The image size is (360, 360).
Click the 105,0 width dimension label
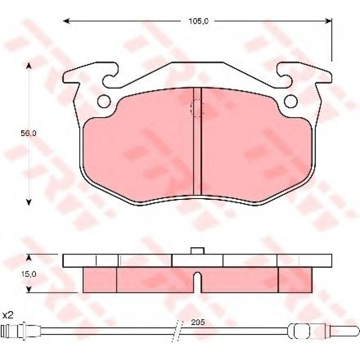coord(199,21)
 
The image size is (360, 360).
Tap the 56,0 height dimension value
coord(29,133)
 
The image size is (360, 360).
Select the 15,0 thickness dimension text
coord(29,274)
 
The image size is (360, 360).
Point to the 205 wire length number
coord(198,322)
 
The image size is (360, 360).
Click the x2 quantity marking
coord(8,315)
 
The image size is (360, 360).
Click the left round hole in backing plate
coord(104,101)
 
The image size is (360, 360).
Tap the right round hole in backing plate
coord(291,101)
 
